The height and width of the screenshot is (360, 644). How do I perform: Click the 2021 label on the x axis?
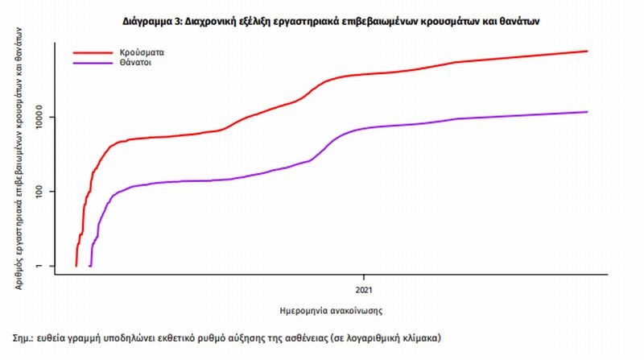pyautogui.click(x=362, y=288)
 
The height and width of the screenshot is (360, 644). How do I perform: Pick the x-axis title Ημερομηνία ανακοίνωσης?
pyautogui.click(x=324, y=308)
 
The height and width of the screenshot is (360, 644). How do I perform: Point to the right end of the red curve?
pyautogui.click(x=588, y=52)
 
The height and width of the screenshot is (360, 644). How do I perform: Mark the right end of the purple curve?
pyautogui.click(x=588, y=112)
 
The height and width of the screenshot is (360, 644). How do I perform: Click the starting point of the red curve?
pyautogui.click(x=76, y=265)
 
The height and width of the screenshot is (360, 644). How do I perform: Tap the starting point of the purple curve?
pyautogui.click(x=90, y=265)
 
